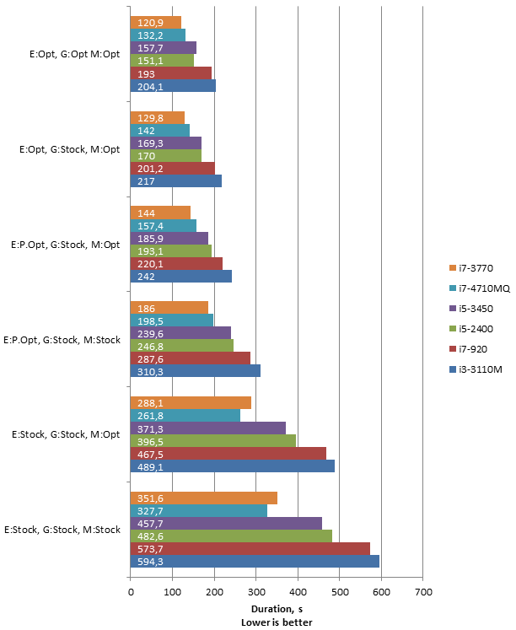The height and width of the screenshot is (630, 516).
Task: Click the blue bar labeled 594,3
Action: click(255, 562)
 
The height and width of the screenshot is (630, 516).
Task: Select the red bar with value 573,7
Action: click(250, 548)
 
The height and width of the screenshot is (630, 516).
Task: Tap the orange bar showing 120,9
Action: click(156, 23)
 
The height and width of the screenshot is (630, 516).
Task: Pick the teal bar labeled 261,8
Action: click(185, 416)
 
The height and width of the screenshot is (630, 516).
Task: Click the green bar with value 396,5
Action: click(213, 441)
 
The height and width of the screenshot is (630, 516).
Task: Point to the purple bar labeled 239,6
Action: click(180, 333)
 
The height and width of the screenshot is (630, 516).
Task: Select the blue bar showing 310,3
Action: click(196, 371)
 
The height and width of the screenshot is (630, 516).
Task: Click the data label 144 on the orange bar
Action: click(146, 213)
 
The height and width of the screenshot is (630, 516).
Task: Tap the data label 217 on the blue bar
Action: click(146, 181)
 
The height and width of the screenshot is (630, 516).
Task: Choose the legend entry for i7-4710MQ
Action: click(480, 288)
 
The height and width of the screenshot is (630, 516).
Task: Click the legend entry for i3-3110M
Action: click(476, 369)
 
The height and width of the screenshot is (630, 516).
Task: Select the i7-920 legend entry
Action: click(468, 349)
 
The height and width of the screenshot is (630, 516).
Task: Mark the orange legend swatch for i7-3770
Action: click(453, 268)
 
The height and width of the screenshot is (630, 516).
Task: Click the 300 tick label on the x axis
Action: click(256, 592)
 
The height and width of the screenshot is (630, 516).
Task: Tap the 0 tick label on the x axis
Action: click(131, 592)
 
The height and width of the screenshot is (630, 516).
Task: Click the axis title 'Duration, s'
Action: click(277, 609)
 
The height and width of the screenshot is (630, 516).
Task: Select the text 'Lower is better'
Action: click(277, 622)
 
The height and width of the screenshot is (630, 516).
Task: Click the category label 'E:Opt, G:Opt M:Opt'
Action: click(75, 54)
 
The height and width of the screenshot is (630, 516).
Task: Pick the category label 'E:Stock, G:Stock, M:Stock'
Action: click(62, 530)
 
